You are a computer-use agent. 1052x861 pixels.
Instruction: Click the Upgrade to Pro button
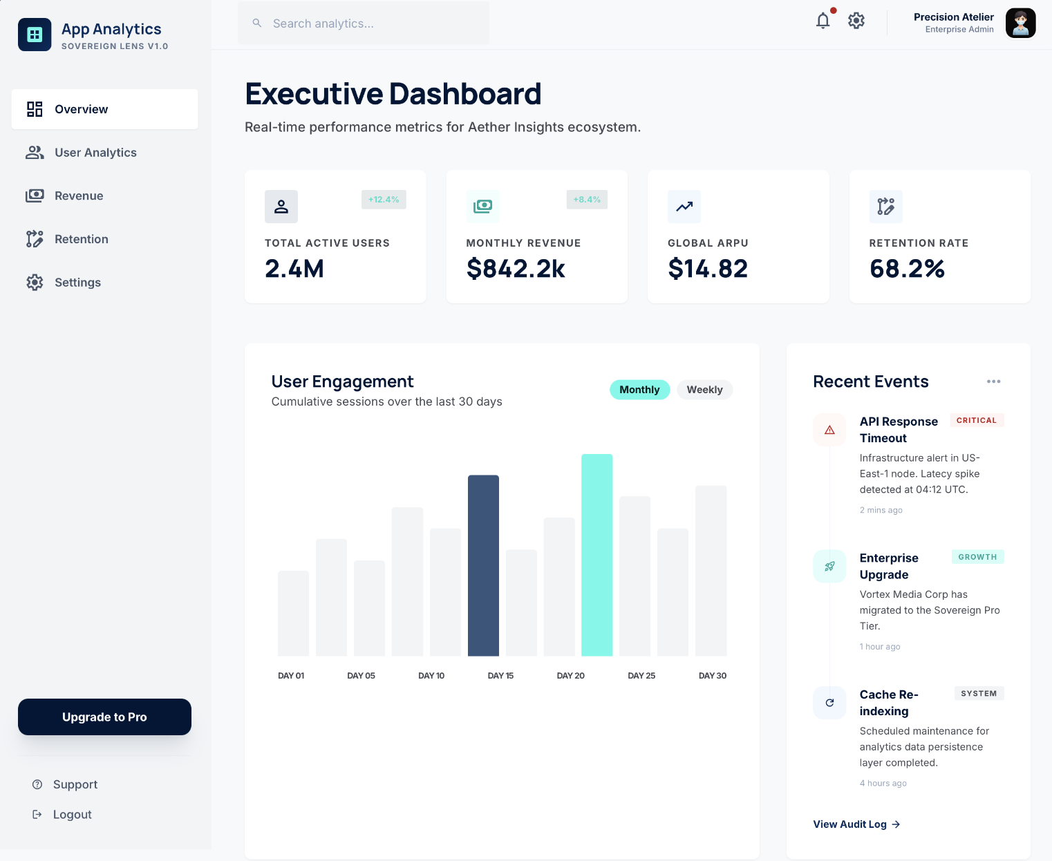click(x=104, y=717)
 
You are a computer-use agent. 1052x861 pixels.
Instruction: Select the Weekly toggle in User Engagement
click(x=704, y=390)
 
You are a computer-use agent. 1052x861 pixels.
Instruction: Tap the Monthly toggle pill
click(x=639, y=390)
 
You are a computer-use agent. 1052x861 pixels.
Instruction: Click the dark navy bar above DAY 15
click(x=483, y=565)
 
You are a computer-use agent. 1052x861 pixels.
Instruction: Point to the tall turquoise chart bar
click(x=597, y=555)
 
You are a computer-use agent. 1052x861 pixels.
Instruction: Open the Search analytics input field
click(x=364, y=23)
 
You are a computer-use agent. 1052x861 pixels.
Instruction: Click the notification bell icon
click(x=823, y=21)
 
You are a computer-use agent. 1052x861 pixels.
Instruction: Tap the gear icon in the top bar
click(x=856, y=21)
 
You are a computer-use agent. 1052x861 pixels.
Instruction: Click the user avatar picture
click(x=1020, y=23)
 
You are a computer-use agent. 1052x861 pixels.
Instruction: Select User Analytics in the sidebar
click(x=95, y=153)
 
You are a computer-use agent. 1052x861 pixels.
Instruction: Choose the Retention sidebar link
click(x=81, y=239)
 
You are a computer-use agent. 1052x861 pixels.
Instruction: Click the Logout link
click(x=72, y=815)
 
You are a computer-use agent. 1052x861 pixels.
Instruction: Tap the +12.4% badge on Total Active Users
click(x=384, y=200)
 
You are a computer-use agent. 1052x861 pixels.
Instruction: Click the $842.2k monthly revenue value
click(x=516, y=269)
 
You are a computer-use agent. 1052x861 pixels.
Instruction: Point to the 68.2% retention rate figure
click(x=907, y=269)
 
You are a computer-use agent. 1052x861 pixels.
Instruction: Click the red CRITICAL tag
click(x=976, y=420)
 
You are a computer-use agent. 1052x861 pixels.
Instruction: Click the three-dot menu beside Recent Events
click(x=993, y=381)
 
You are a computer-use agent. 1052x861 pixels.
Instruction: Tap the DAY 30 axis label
click(x=712, y=676)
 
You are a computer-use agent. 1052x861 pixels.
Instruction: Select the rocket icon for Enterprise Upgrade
click(x=829, y=567)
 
